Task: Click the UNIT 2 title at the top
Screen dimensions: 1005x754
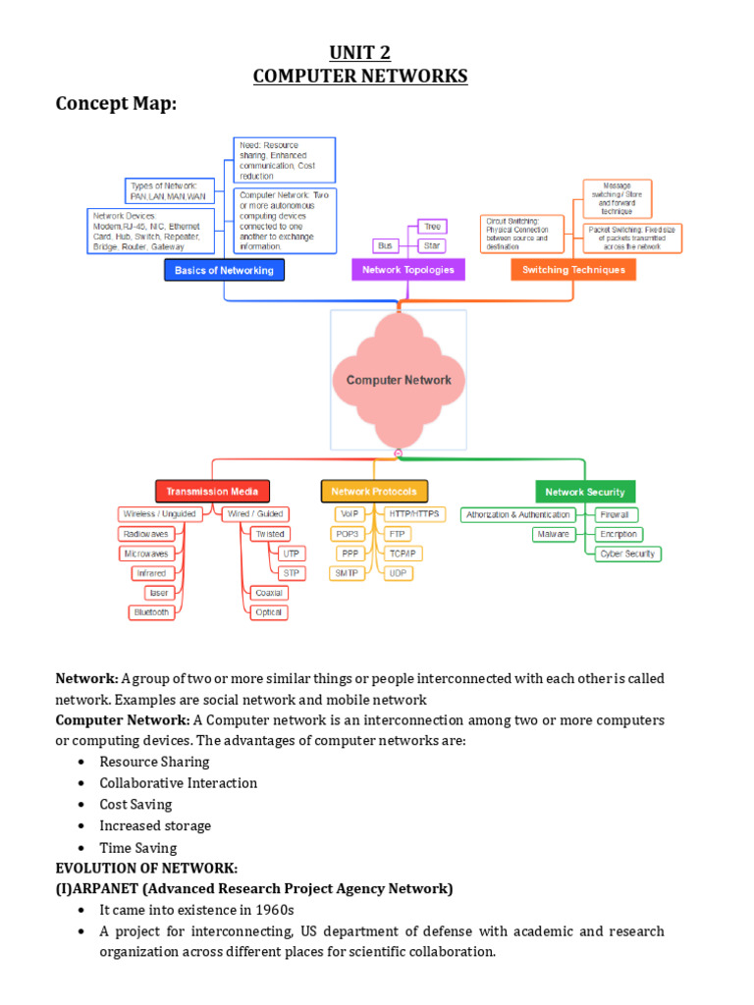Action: pos(360,53)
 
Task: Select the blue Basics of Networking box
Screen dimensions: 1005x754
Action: pos(224,270)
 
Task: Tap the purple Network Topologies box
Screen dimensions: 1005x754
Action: pos(407,270)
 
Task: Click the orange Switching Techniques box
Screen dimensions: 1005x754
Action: pos(572,270)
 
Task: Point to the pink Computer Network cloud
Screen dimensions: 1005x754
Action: pos(399,380)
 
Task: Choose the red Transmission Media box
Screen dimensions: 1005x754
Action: pos(212,492)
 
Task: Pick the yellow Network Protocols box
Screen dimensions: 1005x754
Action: pos(373,492)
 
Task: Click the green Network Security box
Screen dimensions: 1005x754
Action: pos(584,492)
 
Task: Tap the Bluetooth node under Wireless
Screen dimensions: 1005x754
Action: pos(151,612)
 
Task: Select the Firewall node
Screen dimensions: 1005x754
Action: pos(617,515)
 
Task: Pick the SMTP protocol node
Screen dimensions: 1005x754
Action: pos(347,573)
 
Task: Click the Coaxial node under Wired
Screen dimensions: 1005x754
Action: pos(268,593)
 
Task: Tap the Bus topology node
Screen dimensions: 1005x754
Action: pos(384,245)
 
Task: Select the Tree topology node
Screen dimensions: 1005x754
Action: pos(432,227)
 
